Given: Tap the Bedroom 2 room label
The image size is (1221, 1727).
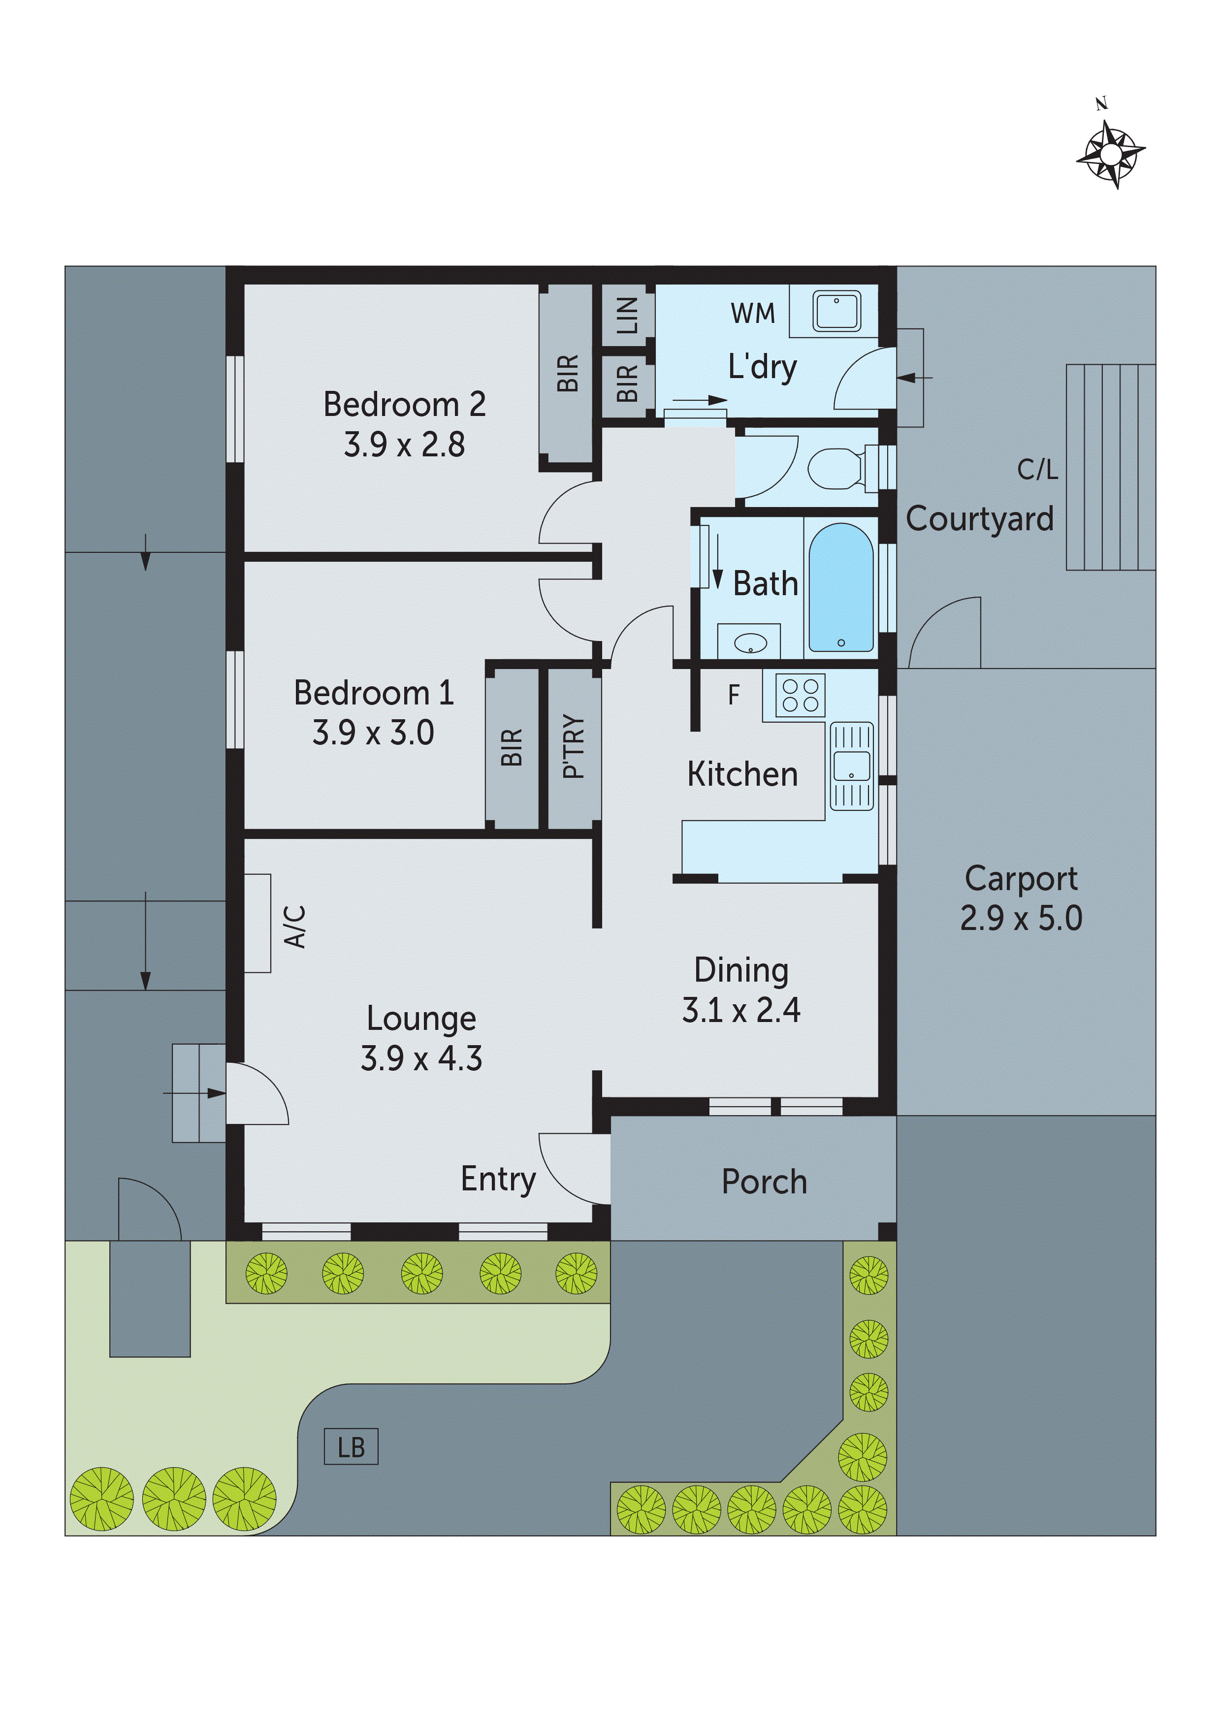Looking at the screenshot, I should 404,405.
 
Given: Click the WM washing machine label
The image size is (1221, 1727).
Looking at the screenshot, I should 752,314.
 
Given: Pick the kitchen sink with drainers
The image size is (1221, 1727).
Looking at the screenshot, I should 852,767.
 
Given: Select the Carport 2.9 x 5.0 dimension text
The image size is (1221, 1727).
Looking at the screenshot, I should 1021,919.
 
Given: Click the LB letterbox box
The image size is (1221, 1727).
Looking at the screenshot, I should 351,1446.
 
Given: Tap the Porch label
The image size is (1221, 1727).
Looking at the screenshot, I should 764,1182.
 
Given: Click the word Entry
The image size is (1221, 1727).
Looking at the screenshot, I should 498,1179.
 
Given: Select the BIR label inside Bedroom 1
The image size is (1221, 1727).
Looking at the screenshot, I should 512,747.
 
